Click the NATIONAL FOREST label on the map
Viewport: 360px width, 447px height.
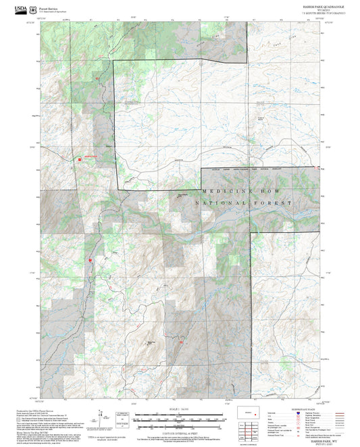(244, 203)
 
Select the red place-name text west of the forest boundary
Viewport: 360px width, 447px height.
(91, 157)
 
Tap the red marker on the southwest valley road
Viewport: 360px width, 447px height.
(88, 259)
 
